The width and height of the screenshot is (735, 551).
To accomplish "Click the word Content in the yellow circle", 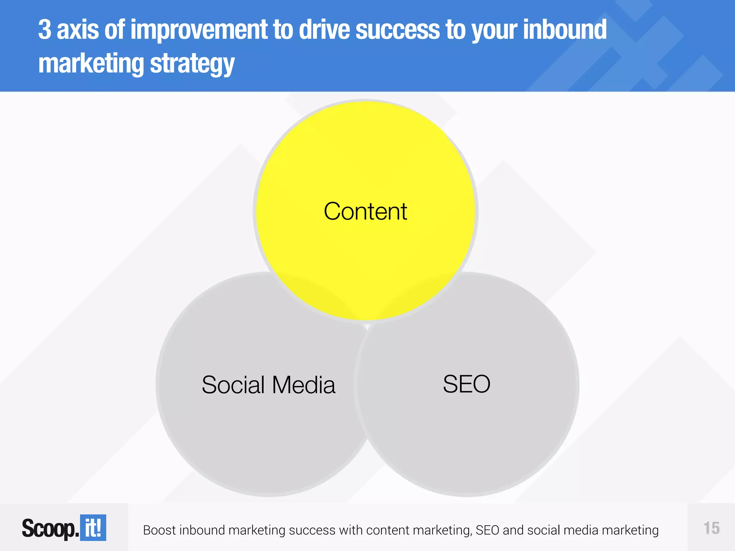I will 365,211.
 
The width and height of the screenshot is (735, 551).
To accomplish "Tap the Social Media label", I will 268,385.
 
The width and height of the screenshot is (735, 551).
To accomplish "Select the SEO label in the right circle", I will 466,384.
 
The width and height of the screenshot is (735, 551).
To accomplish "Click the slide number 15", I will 711,528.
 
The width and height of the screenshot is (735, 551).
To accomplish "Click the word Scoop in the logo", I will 49,528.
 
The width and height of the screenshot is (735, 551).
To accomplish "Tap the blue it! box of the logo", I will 93,528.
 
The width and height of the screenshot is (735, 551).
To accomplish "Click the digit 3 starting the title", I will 45,30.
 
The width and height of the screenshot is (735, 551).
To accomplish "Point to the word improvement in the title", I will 199,30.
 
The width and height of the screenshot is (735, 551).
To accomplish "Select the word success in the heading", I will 397,30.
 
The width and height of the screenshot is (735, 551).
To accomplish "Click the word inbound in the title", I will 565,30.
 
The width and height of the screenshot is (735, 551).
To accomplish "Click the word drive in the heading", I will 324,30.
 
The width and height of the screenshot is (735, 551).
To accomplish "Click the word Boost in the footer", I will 159,530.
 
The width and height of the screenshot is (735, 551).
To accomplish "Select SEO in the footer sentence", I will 487,530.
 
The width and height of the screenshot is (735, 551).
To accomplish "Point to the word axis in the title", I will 78,30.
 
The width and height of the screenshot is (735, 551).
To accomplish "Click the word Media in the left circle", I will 304,385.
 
